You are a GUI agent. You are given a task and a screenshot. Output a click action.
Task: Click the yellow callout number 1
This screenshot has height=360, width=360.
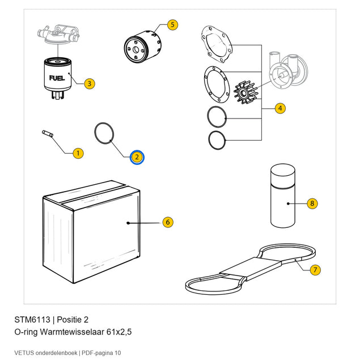coord(78,153)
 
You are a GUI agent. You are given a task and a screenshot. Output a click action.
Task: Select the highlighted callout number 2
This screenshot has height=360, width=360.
coord(137,157)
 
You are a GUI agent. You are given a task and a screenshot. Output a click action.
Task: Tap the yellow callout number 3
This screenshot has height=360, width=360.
coord(90,83)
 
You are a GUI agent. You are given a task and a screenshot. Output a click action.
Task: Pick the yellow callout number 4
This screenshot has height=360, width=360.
coord(280,108)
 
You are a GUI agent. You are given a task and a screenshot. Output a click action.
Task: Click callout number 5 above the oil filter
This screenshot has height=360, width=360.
coord(173,24)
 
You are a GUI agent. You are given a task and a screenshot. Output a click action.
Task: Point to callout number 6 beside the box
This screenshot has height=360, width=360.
coord(168,222)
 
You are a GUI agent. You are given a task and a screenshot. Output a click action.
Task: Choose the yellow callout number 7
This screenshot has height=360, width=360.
coord(315,269)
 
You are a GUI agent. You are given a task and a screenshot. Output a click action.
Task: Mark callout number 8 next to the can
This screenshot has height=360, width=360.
coord(312,203)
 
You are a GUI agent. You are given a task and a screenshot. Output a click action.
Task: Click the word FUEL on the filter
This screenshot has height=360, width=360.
coord(57,78)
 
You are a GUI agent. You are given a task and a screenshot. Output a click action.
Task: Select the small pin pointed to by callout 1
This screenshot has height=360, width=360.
coord(48,134)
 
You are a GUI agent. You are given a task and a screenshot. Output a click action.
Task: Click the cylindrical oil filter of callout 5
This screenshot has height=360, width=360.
coord(143,47)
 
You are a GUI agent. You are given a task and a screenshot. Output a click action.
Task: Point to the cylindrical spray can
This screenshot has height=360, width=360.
coord(283,196)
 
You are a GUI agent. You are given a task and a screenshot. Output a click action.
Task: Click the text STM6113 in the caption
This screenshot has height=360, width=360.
coord(32,320)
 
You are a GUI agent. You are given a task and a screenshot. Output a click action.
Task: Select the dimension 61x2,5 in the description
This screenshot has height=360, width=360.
coord(119,332)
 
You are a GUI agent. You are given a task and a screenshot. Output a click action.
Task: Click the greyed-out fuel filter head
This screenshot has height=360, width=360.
coord(58,35)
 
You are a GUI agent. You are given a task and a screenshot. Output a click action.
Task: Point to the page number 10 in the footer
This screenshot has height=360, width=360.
coord(118,353)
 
